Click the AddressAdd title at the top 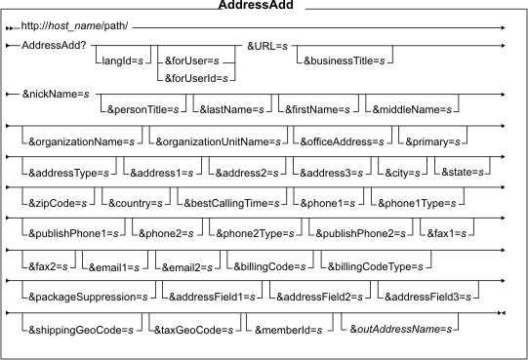pos(256,5)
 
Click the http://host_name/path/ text pos(74,26)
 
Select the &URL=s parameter pos(267,46)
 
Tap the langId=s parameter pos(123,60)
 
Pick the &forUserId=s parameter pos(196,78)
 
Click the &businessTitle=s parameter pos(345,60)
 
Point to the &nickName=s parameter pos(56,94)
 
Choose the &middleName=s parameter pos(412,109)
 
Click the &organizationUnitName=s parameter pos(219,141)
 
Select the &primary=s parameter pos(432,141)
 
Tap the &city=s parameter pos(402,173)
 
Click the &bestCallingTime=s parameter pos(231,203)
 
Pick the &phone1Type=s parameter pos(417,203)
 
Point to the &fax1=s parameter pos(447,233)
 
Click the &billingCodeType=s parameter pos(376,266)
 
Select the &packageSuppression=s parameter pos(88,297)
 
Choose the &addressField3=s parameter pos(427,297)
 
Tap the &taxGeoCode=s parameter pos(193,330)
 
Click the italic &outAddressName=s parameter pos(401,329)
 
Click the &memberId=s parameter pos(289,330)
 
